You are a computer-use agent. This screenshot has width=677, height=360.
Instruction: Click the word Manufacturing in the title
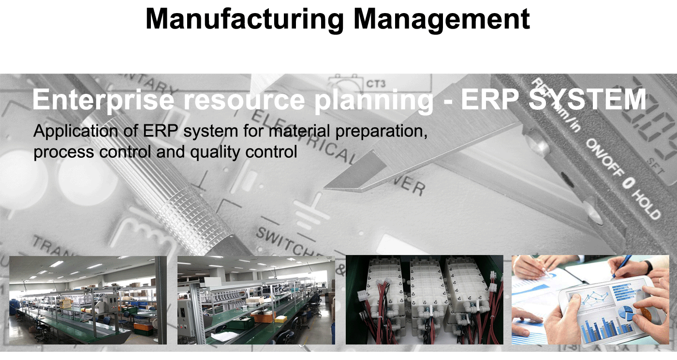245,19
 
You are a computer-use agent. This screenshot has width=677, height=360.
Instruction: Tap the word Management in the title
442,19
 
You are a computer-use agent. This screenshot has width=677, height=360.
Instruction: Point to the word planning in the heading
374,101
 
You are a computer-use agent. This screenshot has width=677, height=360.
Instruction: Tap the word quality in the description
215,152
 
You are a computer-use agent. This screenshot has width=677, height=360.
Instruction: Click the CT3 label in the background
376,83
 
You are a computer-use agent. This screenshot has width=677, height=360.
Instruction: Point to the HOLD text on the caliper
647,205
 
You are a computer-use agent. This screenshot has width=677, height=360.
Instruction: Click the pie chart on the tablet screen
627,313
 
